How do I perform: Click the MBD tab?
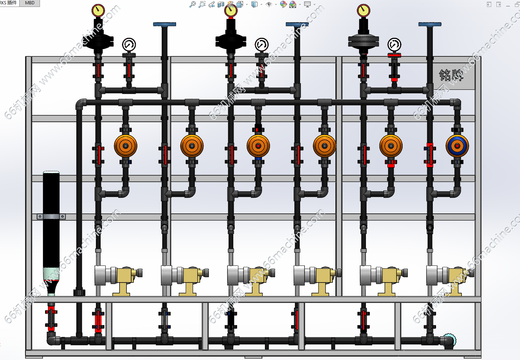point(30,3)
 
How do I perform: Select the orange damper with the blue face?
point(457,146)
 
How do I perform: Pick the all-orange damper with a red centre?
point(258,146)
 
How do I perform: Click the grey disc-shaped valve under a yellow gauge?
point(363,41)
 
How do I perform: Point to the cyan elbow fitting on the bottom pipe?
point(450,341)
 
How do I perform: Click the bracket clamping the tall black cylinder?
point(51,216)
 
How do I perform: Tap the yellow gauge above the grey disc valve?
point(363,11)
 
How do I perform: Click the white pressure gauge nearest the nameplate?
point(394,45)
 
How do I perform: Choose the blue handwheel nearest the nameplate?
point(430,24)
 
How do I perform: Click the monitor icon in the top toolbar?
point(307,4)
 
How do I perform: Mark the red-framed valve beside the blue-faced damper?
point(430,155)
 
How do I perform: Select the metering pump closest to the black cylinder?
point(116,278)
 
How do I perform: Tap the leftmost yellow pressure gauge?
point(98,11)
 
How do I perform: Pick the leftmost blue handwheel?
point(164,24)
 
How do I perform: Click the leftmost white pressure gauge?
point(129,45)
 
